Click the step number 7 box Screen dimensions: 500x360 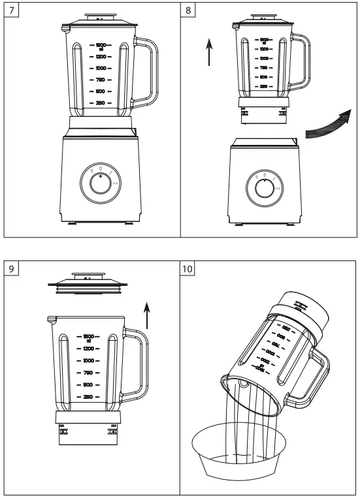click(12, 11)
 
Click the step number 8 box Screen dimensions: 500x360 click(189, 11)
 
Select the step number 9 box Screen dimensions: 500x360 click(12, 268)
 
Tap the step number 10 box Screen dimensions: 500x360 click(189, 268)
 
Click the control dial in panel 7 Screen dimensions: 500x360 click(101, 183)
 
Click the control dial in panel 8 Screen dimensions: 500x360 click(264, 188)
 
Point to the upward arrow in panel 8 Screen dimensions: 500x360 click(208, 52)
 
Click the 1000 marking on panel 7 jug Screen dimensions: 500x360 click(101, 68)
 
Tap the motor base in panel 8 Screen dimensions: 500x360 click(264, 183)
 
